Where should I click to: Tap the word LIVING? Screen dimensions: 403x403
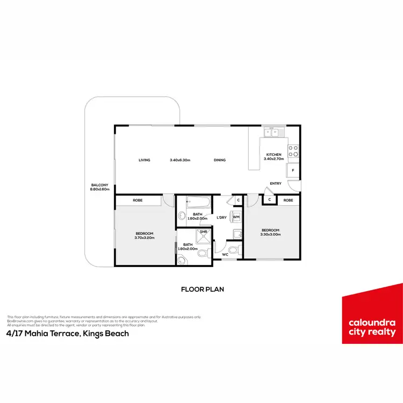point(144,160)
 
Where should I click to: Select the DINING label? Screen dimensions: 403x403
point(219,160)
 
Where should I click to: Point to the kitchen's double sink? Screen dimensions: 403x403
point(273,132)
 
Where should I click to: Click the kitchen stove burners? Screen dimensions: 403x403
point(294,151)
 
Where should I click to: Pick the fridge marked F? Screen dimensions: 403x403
point(293,171)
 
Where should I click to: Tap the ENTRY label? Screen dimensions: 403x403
point(276,184)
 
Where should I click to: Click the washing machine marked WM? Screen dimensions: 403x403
point(236,217)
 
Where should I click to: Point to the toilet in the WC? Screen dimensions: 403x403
point(233,250)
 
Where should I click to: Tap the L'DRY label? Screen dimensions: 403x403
point(221,217)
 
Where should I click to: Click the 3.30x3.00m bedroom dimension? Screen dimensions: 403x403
point(270,234)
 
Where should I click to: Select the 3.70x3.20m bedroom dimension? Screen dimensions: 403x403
point(144,238)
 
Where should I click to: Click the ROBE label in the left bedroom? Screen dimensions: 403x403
point(137,200)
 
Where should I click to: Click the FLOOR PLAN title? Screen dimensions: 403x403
point(202,289)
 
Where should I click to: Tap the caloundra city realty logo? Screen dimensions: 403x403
point(372,314)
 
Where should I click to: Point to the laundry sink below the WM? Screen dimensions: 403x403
point(236,233)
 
